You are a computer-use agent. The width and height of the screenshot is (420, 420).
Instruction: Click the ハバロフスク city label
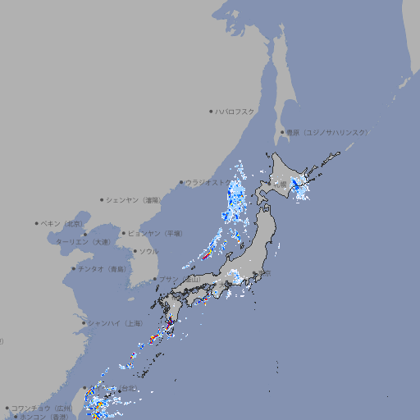[x=235, y=111]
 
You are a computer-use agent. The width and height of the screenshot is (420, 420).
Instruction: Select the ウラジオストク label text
[x=209, y=182]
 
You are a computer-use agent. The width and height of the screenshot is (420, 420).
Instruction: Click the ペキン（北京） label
[x=62, y=223]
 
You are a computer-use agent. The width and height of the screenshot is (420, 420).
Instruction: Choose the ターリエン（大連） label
[x=83, y=242]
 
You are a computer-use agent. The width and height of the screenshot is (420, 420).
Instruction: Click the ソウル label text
[x=148, y=252]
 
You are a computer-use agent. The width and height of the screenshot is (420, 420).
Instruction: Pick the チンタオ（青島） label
[x=102, y=268]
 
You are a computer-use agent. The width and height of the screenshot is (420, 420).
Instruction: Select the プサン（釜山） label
[x=180, y=280]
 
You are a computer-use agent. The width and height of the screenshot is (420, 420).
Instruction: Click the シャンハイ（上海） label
[x=115, y=323]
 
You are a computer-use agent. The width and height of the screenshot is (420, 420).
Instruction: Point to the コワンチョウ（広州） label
[x=41, y=408]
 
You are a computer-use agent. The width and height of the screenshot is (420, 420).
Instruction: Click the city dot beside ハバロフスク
[x=211, y=111]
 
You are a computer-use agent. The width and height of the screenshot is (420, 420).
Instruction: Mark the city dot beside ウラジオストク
[x=181, y=182]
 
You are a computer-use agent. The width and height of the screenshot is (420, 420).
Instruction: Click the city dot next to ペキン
[x=37, y=223]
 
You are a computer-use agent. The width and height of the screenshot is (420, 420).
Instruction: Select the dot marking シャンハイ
[x=84, y=323]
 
